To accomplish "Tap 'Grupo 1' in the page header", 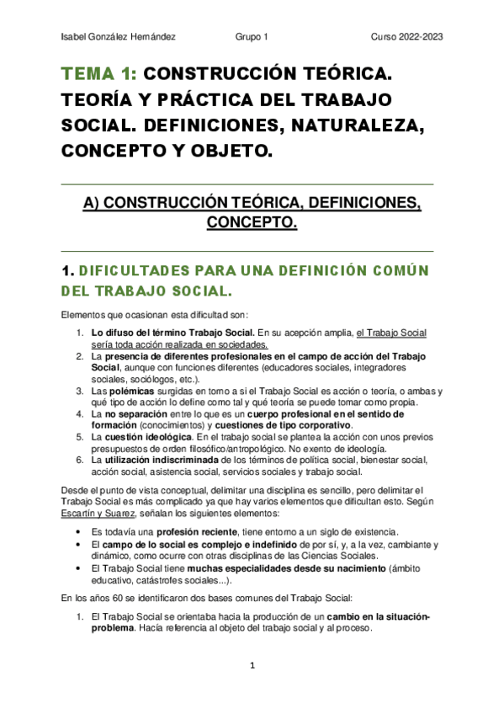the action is click(x=252, y=37).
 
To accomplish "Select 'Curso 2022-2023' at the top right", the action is click(x=406, y=37).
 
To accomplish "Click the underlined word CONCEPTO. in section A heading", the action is click(x=252, y=223).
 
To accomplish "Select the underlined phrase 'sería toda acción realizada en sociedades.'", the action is click(x=179, y=344).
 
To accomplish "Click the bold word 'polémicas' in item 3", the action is click(x=134, y=392).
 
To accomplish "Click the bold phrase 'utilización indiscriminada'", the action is click(x=160, y=461).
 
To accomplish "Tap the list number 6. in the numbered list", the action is click(x=80, y=461).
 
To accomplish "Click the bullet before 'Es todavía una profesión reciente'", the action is click(x=78, y=532).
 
